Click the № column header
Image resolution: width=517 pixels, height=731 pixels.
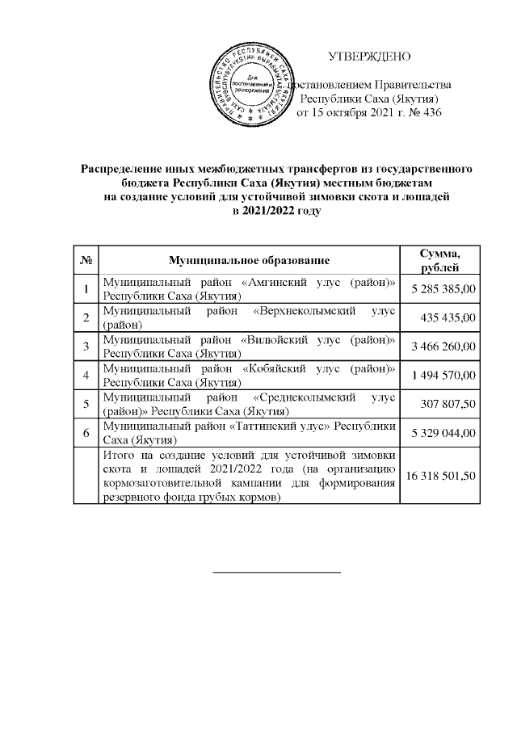click(85, 260)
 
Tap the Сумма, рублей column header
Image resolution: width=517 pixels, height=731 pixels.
click(441, 260)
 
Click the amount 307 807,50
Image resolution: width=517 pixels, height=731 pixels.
click(450, 404)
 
